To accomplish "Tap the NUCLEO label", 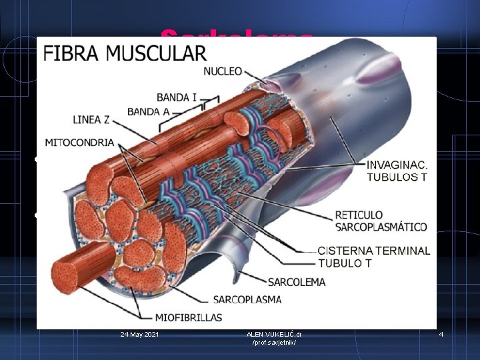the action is [x=223, y=71].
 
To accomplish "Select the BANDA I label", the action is [x=177, y=97].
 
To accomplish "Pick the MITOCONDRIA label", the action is [x=79, y=142].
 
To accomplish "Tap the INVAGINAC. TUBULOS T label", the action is [x=399, y=171].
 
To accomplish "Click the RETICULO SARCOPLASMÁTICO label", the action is [x=381, y=221].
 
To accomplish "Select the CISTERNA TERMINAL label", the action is [x=373, y=251].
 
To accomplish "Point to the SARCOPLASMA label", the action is [x=247, y=299].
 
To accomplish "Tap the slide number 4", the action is [x=441, y=333].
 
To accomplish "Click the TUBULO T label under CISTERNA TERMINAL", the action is [x=345, y=263].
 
